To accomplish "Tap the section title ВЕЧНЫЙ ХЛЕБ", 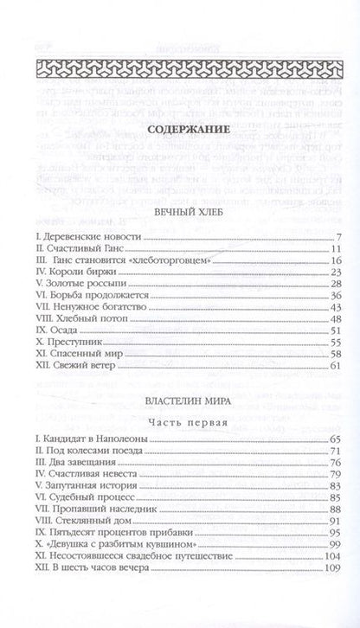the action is click(x=180, y=212).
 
